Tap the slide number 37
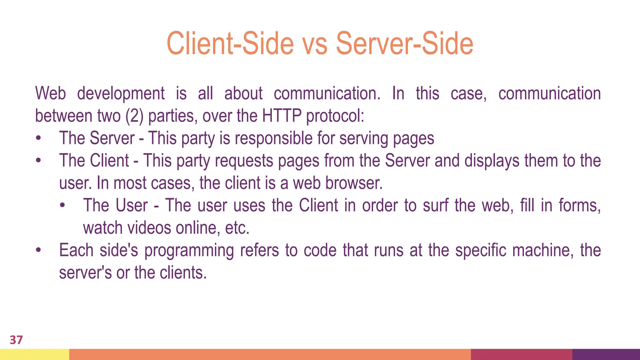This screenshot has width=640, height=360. [16, 340]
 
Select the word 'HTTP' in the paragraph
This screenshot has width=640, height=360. [282, 116]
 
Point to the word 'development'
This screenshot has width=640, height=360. [121, 93]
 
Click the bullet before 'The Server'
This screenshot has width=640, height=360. [38, 138]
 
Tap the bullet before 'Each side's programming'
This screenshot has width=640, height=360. [38, 251]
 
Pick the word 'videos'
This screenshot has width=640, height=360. [149, 228]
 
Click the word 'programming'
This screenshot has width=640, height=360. [189, 251]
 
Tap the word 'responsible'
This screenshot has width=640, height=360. [273, 138]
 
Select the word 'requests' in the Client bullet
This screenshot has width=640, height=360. [244, 161]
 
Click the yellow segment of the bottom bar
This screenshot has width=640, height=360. [34, 354]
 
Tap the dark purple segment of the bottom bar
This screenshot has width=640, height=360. [606, 354]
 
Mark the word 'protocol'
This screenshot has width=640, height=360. [335, 116]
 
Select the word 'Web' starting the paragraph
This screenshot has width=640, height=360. [51, 93]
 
